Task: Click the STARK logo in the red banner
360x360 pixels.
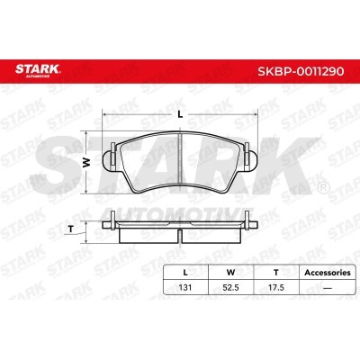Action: pyautogui.click(x=38, y=71)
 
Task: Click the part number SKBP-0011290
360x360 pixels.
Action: pyautogui.click(x=301, y=71)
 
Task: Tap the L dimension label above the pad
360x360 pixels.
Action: pyautogui.click(x=180, y=114)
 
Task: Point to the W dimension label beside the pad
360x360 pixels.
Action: pyautogui.click(x=86, y=162)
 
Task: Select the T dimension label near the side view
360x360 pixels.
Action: pyautogui.click(x=71, y=229)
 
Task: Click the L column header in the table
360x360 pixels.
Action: pyautogui.click(x=185, y=273)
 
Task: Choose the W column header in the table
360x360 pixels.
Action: pyautogui.click(x=230, y=273)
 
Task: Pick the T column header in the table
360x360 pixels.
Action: pyautogui.click(x=276, y=273)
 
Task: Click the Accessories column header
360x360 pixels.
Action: pyautogui.click(x=328, y=273)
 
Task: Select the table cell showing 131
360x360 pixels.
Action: pyautogui.click(x=185, y=287)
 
